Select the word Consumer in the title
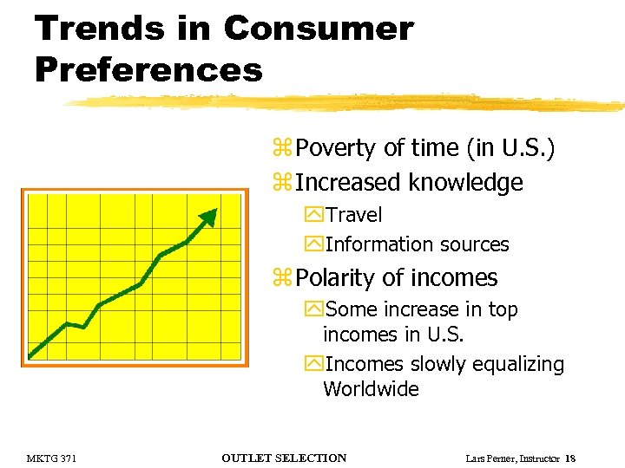[319, 29]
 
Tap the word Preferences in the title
[148, 69]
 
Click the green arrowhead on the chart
[208, 218]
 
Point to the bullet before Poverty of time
[281, 149]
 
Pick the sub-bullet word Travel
[353, 214]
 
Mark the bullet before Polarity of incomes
[281, 279]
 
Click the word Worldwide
[371, 389]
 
